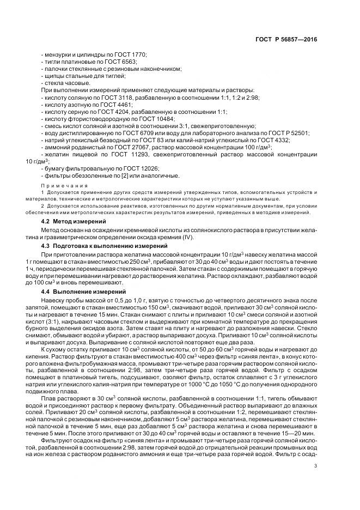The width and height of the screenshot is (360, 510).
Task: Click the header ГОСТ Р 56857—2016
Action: click(290, 40)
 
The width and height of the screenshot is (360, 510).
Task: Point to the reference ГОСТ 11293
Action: click(129, 155)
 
